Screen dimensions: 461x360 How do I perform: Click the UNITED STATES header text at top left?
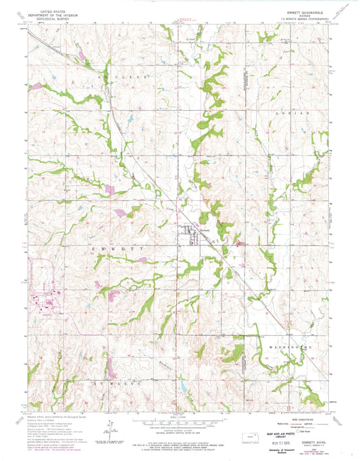58,11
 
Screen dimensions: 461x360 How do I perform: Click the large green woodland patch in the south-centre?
233,353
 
